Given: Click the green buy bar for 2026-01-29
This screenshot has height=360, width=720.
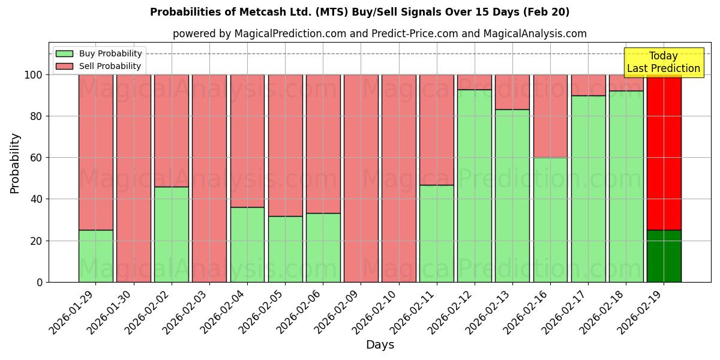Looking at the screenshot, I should tap(95, 256).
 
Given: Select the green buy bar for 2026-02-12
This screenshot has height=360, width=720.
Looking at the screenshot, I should tap(475, 185).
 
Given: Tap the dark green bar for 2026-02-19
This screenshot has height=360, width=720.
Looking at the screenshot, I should tap(664, 256).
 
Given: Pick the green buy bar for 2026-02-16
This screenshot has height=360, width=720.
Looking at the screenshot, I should tap(550, 220).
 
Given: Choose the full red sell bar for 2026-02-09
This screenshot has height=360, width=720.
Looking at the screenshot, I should tap(361, 178).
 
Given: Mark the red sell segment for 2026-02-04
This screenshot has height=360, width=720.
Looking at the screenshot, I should tap(247, 141).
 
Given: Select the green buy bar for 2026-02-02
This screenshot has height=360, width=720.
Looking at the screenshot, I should tap(171, 234).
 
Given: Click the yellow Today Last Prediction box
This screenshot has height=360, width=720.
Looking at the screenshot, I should tap(663, 62).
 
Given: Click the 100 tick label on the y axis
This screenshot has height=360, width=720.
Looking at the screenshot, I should tap(34, 75).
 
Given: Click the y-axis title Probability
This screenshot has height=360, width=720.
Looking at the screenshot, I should tap(15, 163).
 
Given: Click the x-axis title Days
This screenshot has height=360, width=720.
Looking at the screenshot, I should tap(380, 345).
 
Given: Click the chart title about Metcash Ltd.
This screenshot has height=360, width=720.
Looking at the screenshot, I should tap(359, 12).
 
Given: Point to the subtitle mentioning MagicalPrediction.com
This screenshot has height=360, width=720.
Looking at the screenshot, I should tap(379, 34).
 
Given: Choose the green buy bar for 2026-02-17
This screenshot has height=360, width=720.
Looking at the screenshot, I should tap(588, 188).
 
